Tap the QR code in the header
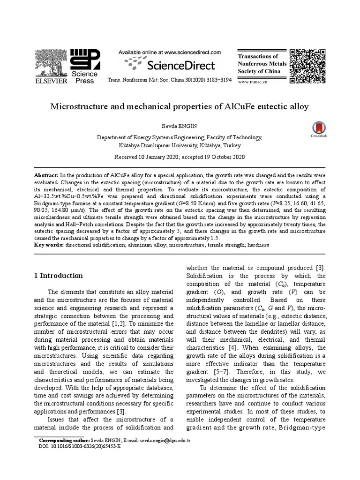coord(307,66)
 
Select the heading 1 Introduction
coord(59,276)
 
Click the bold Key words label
coord(49,245)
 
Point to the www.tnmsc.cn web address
coord(253,82)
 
